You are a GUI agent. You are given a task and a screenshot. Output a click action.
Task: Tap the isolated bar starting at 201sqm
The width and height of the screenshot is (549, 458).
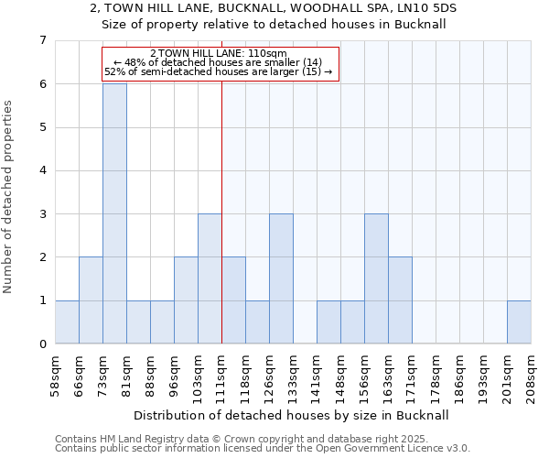tap(519, 322)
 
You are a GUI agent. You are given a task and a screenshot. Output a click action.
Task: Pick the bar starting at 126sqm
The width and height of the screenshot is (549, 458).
tap(281, 278)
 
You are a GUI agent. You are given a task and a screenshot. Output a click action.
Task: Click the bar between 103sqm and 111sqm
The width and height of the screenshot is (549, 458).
tap(210, 278)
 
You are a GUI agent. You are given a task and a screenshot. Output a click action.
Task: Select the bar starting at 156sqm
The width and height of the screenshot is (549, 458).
tap(376, 278)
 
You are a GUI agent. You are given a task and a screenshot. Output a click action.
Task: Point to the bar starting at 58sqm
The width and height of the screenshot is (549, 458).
tap(67, 322)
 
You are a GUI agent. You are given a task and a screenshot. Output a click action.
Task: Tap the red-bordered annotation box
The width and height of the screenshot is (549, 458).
tap(221, 63)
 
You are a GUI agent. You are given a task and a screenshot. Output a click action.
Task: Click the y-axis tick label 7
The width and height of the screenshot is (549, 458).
tap(42, 40)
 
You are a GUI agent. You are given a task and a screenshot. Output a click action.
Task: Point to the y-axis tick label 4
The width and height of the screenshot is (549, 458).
tap(42, 170)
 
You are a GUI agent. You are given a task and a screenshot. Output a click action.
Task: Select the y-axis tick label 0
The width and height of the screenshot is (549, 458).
tap(42, 344)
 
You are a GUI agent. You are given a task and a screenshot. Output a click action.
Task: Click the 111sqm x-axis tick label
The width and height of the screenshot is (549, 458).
tap(221, 376)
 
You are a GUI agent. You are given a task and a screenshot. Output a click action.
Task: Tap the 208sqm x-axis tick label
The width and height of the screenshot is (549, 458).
tap(531, 376)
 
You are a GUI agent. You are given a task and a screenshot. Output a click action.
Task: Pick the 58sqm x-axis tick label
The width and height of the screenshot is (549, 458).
tap(55, 376)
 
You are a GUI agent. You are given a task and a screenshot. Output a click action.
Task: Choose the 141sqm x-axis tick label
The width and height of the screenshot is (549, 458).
tap(317, 376)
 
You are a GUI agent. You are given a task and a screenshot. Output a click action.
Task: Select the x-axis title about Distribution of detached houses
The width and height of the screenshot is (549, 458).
tap(292, 415)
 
